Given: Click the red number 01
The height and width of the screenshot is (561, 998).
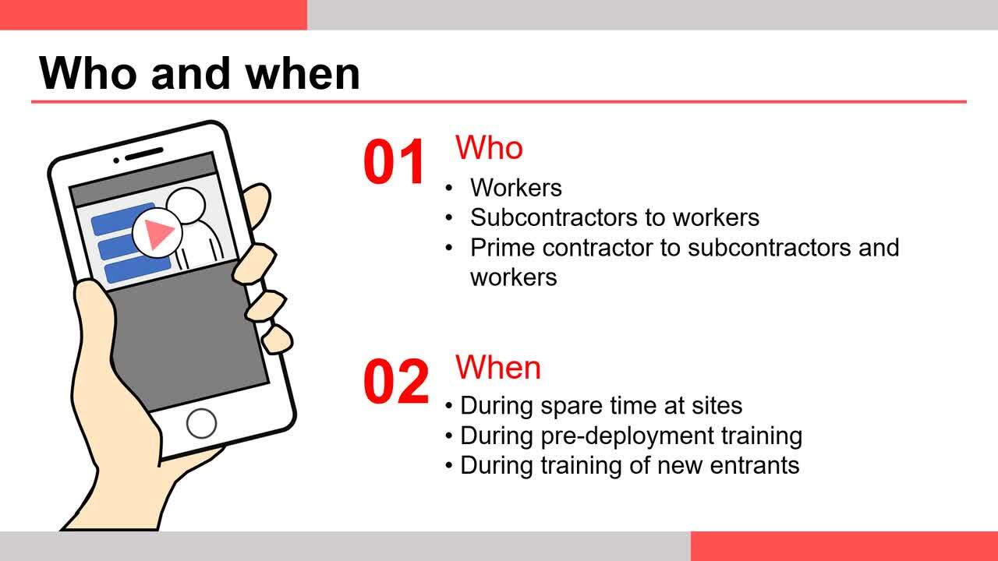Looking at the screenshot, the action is (x=394, y=161).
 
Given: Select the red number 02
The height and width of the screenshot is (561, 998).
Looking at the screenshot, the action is (x=395, y=382).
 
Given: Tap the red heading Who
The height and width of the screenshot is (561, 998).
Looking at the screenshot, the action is (x=489, y=147).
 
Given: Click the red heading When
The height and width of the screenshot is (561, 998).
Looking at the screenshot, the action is (x=498, y=368).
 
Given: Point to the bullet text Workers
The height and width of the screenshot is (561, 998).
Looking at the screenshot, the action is (x=516, y=188).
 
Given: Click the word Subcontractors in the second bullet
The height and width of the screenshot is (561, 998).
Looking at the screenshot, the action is (x=554, y=217).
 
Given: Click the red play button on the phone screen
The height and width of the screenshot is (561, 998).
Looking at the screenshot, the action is (x=157, y=232).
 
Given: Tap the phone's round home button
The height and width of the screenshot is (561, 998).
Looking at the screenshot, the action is (x=201, y=423).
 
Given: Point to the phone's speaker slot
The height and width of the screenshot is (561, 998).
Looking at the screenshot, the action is (x=144, y=154).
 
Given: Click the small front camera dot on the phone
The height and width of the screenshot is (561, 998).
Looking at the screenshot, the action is (x=116, y=161).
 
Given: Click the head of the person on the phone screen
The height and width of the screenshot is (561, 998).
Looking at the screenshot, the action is (x=186, y=206).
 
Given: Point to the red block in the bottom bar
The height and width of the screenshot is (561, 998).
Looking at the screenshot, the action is (x=844, y=546).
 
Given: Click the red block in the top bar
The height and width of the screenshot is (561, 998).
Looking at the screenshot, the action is (x=154, y=15).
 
